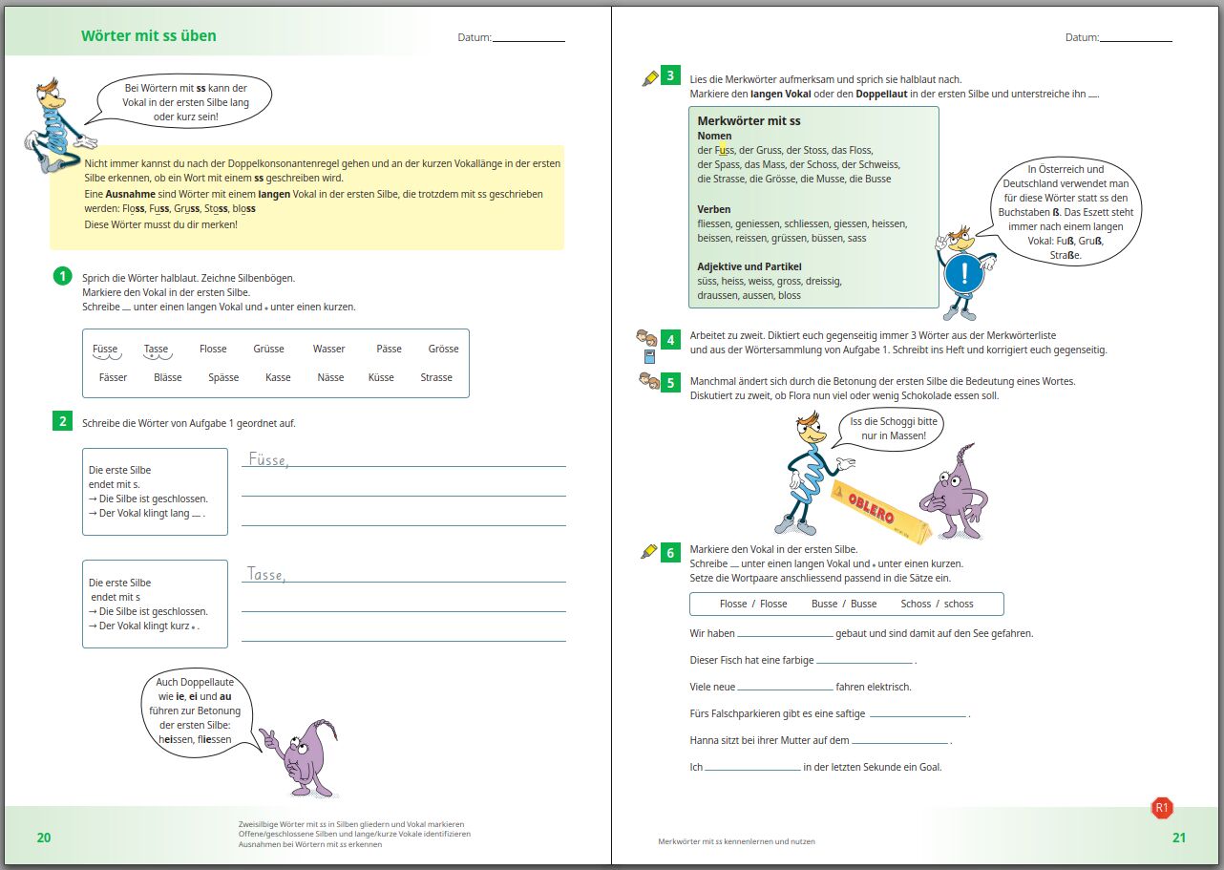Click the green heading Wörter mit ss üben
pyautogui.click(x=149, y=36)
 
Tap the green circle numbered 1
pyautogui.click(x=63, y=277)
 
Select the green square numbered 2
pyautogui.click(x=63, y=422)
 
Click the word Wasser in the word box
pyautogui.click(x=329, y=350)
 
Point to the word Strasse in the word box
pyautogui.click(x=436, y=378)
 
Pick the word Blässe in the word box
pyautogui.click(x=167, y=378)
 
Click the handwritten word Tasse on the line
pyautogui.click(x=266, y=575)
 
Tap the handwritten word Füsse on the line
pyautogui.click(x=268, y=460)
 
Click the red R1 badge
pyautogui.click(x=1162, y=809)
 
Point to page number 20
pyautogui.click(x=44, y=838)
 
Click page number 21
pyautogui.click(x=1179, y=838)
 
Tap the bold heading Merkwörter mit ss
pyautogui.click(x=749, y=121)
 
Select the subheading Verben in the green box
pyautogui.click(x=714, y=209)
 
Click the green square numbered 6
pyautogui.click(x=671, y=552)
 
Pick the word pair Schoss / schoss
pyautogui.click(x=937, y=604)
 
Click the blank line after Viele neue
pyautogui.click(x=785, y=688)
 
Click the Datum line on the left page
pyautogui.click(x=528, y=38)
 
